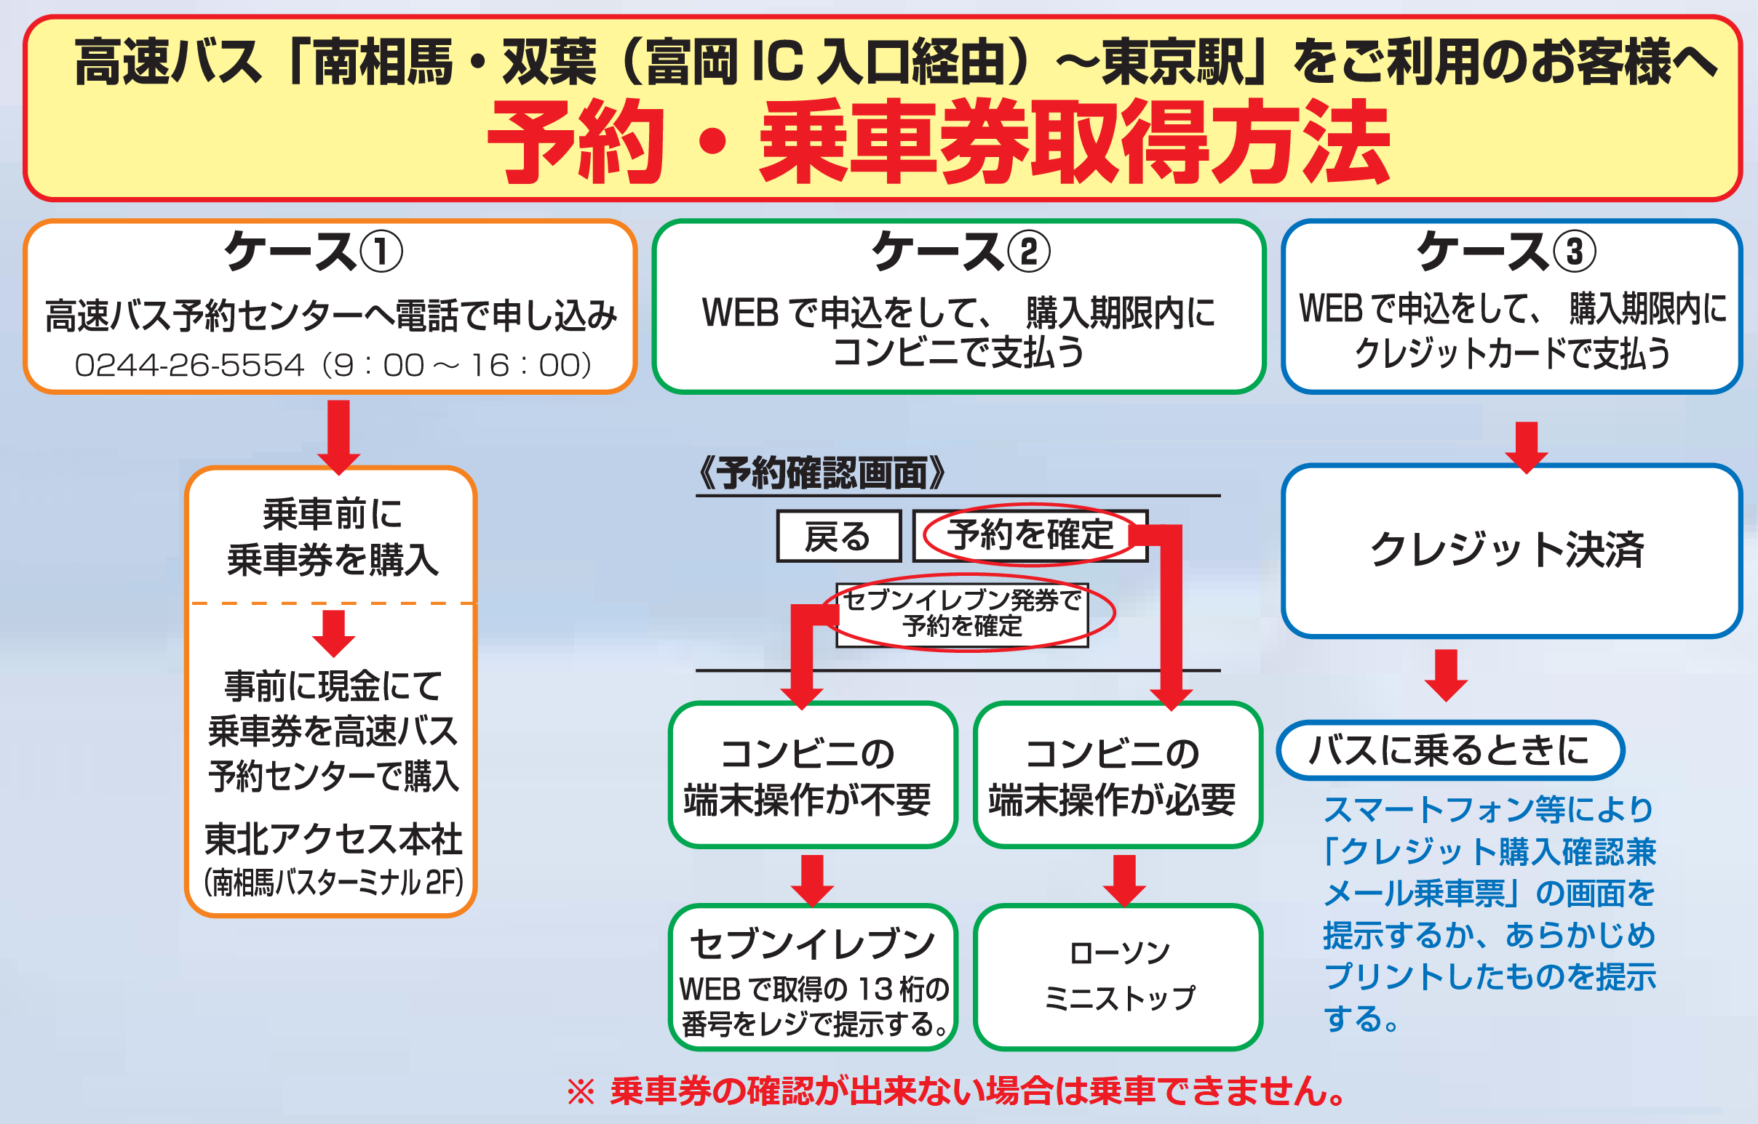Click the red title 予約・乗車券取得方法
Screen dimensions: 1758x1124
point(939,142)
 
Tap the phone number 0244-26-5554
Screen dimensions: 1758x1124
point(188,365)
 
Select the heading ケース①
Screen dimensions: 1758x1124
point(314,251)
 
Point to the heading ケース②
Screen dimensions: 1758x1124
point(960,251)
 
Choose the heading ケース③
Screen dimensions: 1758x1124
point(1506,251)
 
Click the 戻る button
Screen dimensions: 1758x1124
point(838,536)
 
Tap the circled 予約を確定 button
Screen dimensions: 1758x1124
point(1030,535)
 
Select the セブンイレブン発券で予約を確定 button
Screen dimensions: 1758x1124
point(963,614)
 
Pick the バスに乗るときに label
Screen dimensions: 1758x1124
point(1449,750)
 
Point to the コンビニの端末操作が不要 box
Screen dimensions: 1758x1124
point(812,775)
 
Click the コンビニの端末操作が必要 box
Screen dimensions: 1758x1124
point(1118,775)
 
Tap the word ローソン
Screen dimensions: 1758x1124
point(1119,952)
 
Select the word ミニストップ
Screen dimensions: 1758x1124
point(1119,997)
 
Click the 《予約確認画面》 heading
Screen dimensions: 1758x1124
point(821,473)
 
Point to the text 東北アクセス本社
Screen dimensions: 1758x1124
point(333,839)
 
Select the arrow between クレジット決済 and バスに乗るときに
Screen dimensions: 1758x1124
point(1446,675)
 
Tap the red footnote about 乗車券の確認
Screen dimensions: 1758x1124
point(957,1091)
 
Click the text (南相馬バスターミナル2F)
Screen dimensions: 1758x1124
point(334,883)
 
